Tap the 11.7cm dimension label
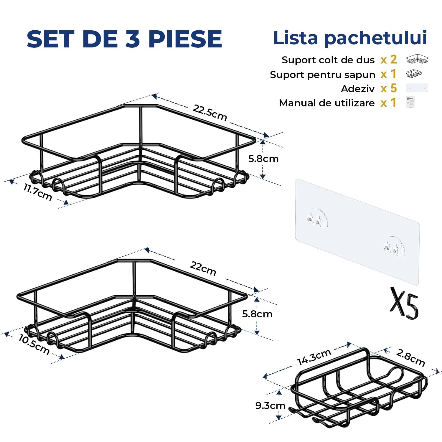[38, 192]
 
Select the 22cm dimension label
[203, 268]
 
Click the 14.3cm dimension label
[314, 357]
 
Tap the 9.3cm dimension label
[270, 406]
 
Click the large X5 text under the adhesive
[404, 303]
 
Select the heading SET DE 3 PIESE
[124, 39]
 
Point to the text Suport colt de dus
[328, 60]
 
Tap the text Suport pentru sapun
[322, 75]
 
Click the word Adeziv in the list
[358, 89]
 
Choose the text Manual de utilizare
[327, 103]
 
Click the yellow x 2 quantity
[389, 60]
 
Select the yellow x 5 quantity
[389, 88]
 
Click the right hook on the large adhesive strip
[395, 247]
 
